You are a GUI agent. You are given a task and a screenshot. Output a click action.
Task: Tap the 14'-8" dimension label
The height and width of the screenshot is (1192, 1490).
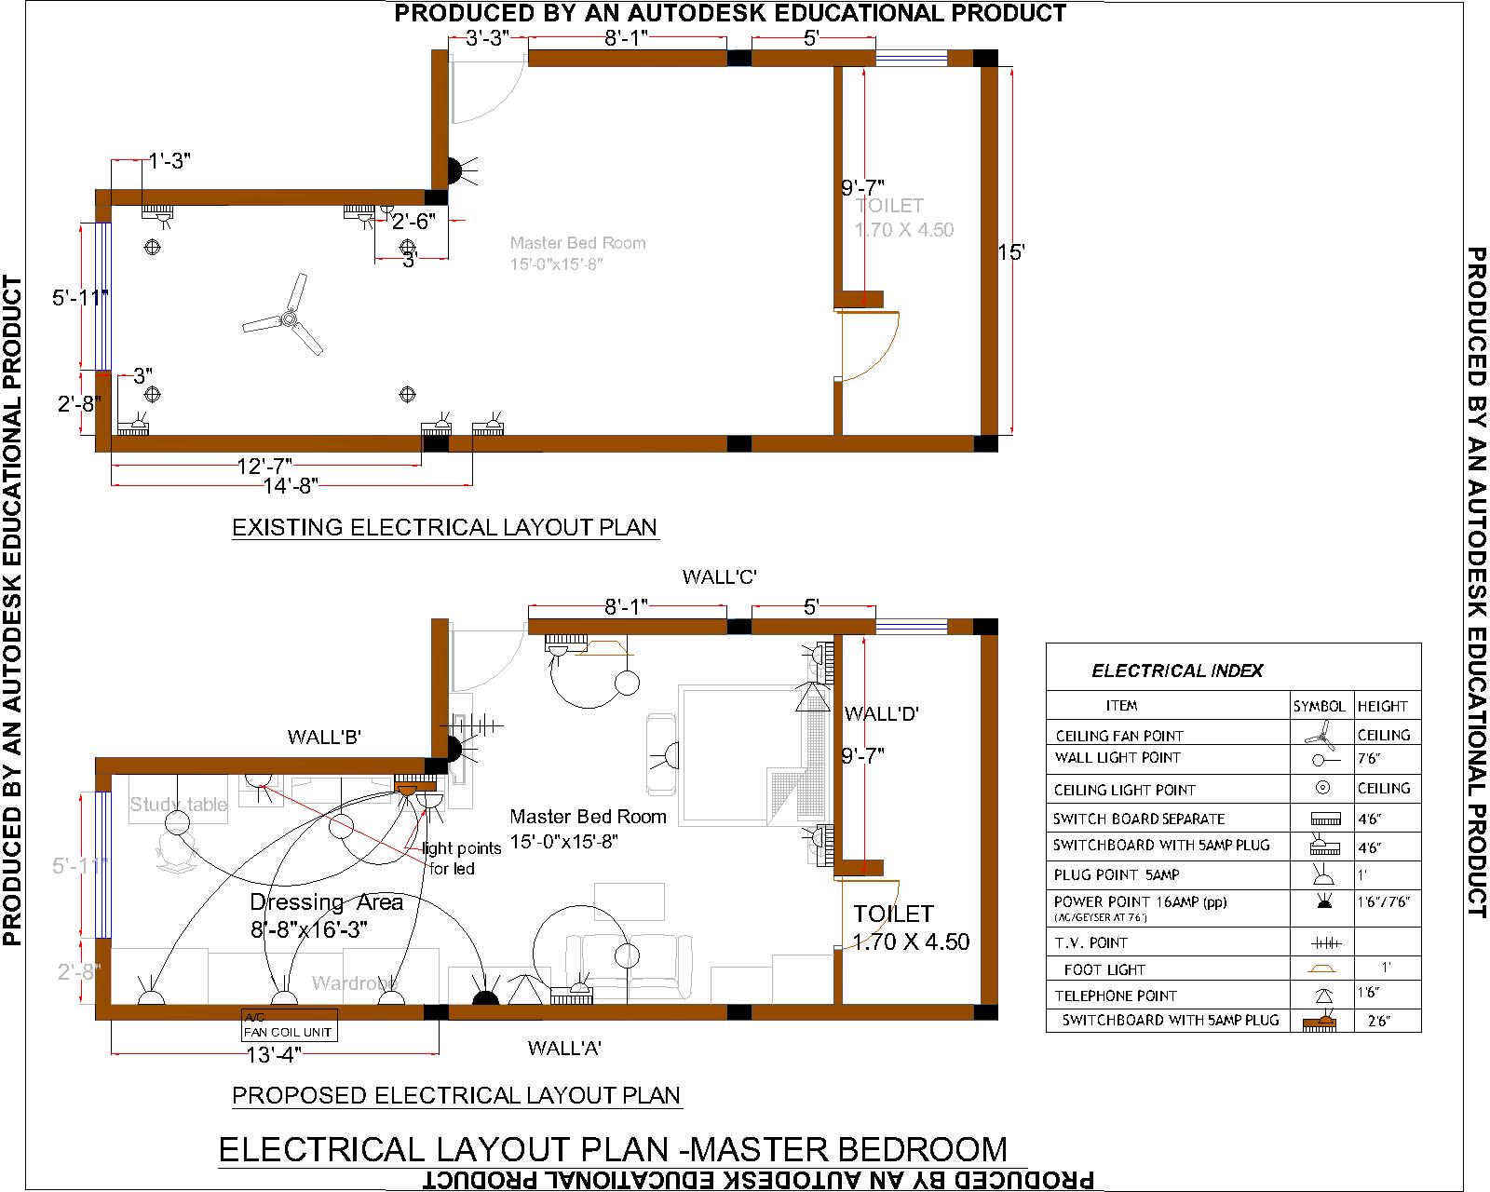click(x=290, y=484)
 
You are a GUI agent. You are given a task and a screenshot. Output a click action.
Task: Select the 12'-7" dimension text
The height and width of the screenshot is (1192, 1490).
click(x=264, y=464)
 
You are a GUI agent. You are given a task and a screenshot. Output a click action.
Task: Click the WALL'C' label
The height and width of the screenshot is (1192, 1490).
click(x=719, y=577)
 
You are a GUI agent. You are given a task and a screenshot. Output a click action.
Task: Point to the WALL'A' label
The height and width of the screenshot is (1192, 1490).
click(x=564, y=1049)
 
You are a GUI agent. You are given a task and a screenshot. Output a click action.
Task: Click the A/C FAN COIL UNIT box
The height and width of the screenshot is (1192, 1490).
click(x=288, y=1026)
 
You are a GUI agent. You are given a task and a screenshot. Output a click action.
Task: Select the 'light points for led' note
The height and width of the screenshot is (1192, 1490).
click(x=461, y=859)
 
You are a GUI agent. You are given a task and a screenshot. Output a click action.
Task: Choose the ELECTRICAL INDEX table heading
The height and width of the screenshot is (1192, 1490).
click(x=1177, y=670)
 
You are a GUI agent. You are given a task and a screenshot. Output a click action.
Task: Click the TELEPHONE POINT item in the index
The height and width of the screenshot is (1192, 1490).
click(x=1116, y=996)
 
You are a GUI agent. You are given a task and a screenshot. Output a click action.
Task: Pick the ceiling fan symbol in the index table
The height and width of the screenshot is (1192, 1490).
click(x=1321, y=736)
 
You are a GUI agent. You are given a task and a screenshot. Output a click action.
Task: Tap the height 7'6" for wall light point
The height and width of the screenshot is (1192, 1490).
click(x=1367, y=759)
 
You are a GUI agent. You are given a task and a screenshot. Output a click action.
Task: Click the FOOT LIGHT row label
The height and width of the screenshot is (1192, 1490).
click(x=1104, y=969)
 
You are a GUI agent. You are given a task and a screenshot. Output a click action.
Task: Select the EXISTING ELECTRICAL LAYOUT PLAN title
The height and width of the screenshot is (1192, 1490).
click(x=444, y=527)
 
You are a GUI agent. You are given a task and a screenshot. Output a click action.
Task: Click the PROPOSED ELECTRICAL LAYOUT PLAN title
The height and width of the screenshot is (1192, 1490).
click(x=456, y=1095)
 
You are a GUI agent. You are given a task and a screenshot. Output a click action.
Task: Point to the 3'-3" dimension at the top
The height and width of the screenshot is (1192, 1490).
click(x=485, y=38)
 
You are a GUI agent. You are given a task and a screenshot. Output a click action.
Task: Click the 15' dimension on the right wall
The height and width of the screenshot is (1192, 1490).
click(x=1011, y=251)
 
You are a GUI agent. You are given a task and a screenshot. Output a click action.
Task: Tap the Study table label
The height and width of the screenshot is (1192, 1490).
click(x=178, y=805)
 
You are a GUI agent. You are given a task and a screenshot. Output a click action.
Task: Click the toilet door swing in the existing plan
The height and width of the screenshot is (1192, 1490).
click(x=871, y=345)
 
